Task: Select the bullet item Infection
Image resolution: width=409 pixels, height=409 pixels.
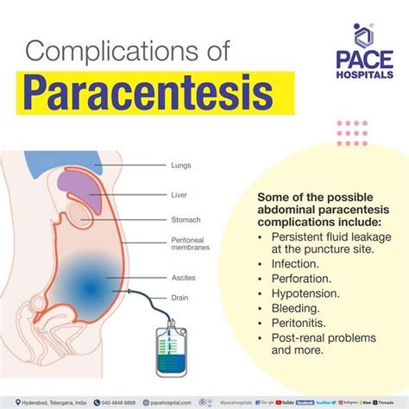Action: (x=295, y=263)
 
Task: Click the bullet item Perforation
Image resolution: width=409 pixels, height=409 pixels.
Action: (x=300, y=279)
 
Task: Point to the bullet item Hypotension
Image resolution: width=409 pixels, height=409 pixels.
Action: (x=305, y=294)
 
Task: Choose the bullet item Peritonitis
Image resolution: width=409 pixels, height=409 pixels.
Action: (x=299, y=325)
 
